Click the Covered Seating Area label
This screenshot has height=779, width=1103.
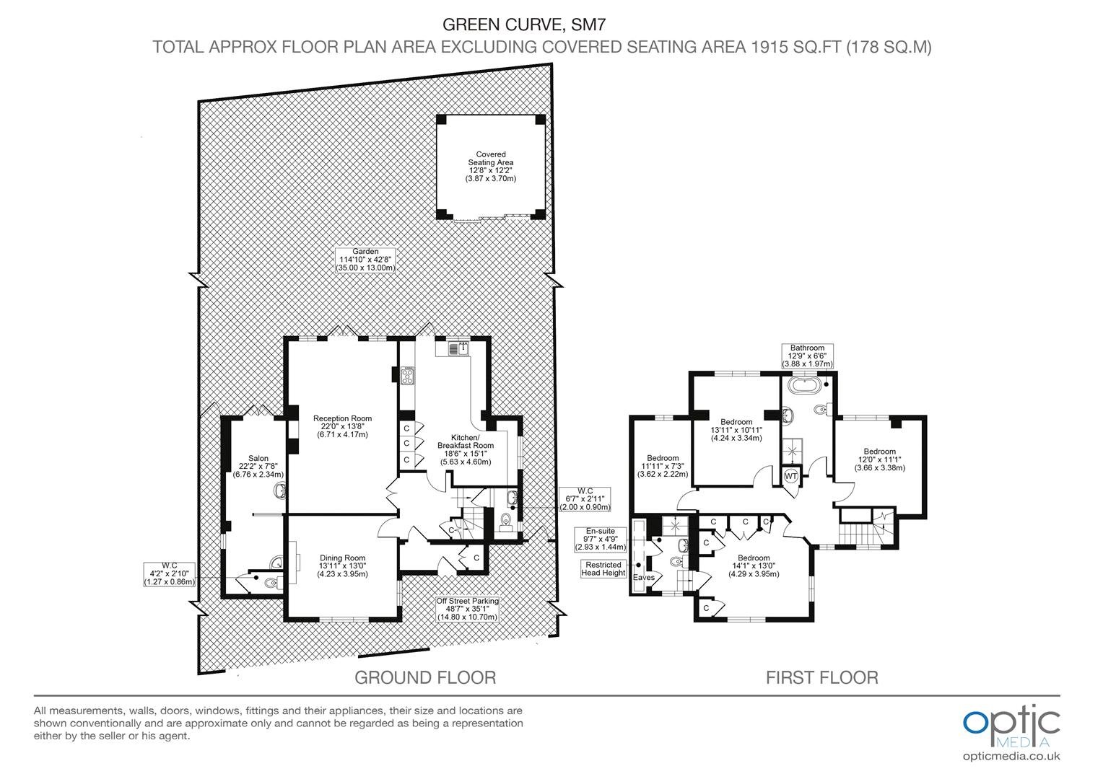pos(491,167)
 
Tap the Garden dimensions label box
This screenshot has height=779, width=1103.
pos(365,260)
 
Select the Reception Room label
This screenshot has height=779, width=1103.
pos(343,426)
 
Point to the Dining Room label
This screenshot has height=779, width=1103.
pos(343,565)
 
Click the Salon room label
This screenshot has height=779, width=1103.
pos(258,466)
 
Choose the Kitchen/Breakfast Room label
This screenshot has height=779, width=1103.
pos(466,449)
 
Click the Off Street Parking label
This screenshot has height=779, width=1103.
pos(467,609)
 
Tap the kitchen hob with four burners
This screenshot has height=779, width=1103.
pos(408,376)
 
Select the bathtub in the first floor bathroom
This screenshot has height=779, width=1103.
pos(803,385)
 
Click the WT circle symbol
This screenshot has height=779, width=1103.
pos(791,476)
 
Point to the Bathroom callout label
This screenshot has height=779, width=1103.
pos(808,356)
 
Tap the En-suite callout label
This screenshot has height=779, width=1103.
pos(601,539)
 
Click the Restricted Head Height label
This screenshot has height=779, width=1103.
pos(603,569)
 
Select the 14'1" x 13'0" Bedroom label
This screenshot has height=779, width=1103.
pos(754,565)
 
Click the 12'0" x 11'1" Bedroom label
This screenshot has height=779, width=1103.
pos(880,459)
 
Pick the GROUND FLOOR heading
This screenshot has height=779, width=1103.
pos(425,677)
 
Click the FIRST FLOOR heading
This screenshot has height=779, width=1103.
pos(822,677)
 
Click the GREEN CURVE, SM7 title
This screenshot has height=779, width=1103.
pos(524,24)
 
